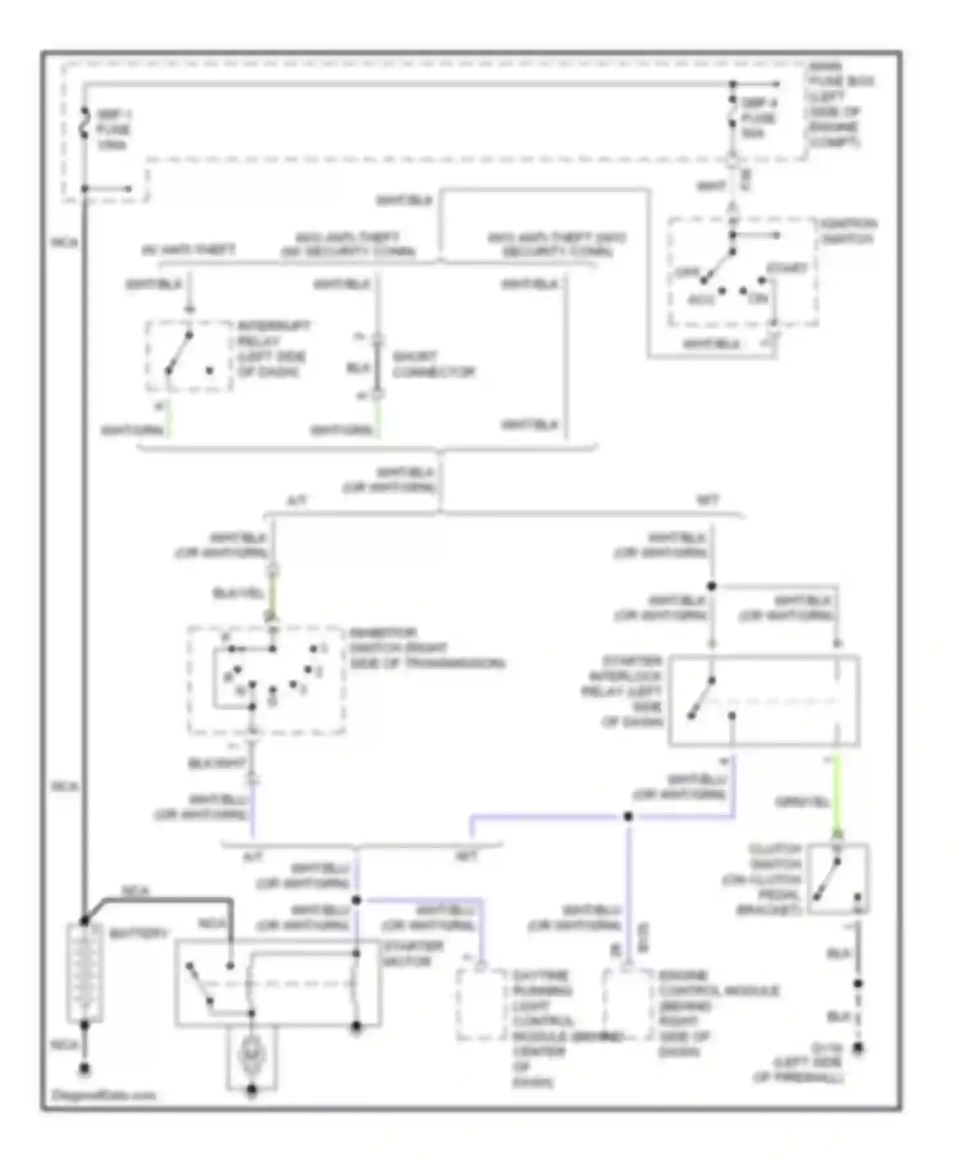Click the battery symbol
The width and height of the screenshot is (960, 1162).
coord(84,972)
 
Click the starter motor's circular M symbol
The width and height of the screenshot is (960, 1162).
coord(251,1054)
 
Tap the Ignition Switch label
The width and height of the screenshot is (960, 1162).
coord(849,231)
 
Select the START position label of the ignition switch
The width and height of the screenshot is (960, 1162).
coord(787,268)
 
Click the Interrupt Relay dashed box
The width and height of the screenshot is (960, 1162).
coord(188,356)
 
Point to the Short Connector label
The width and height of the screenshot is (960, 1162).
coord(433,364)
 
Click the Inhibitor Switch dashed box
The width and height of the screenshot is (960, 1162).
coord(266,680)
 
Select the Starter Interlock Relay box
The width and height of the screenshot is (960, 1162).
coord(764,701)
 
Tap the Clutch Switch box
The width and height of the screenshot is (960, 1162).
coord(838,878)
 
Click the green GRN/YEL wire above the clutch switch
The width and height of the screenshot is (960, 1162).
coord(836,794)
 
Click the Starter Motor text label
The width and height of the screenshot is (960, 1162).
coord(412,954)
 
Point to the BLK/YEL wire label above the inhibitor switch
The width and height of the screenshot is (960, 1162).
coord(237,594)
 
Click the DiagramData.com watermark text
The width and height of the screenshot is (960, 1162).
coord(103,1095)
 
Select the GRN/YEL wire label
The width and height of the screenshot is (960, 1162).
coord(802,801)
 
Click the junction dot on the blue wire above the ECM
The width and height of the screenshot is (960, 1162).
coord(628,816)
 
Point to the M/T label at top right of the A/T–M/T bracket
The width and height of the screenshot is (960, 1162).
coord(708,500)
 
